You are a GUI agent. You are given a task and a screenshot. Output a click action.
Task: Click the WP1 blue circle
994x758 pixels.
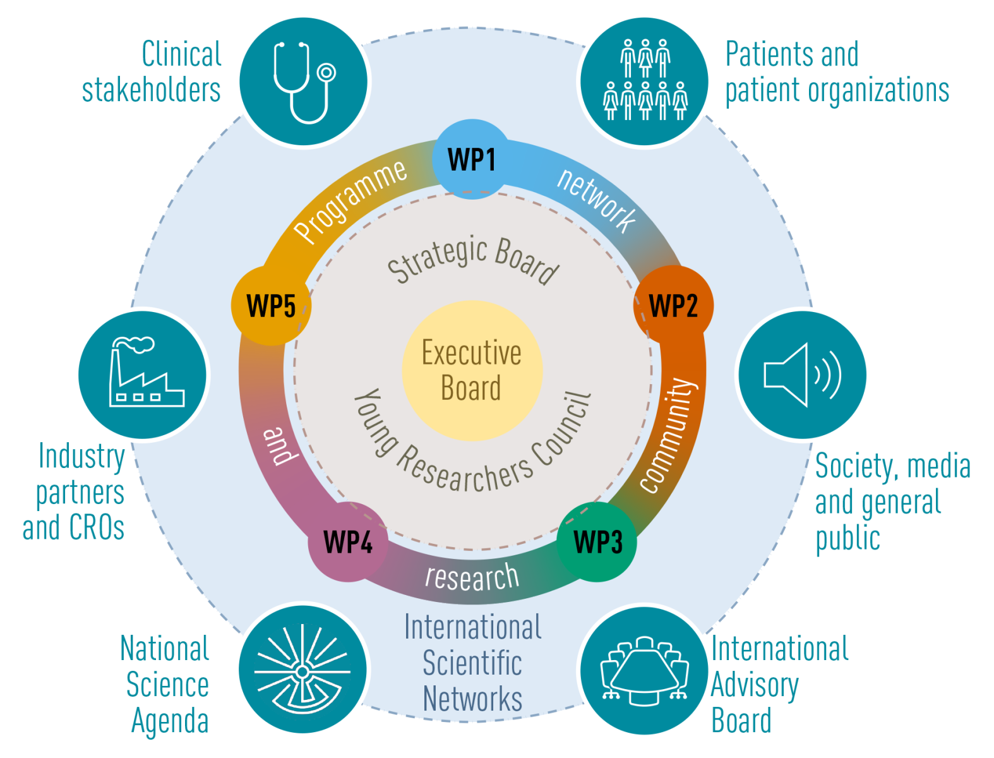[x=471, y=159]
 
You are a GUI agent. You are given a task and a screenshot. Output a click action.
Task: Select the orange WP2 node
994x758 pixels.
[x=673, y=306]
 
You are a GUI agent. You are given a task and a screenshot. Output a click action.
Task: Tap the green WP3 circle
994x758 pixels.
[x=597, y=542]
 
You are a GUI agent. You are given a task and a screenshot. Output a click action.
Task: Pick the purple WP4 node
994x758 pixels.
[x=348, y=542]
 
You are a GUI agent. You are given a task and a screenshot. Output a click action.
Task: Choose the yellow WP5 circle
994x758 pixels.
[x=271, y=306]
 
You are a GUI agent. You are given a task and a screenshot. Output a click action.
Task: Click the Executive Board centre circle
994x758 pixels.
[x=472, y=371]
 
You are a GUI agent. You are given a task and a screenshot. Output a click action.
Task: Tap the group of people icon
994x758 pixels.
[x=645, y=81]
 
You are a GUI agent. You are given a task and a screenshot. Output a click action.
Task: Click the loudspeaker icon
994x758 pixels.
[x=802, y=375]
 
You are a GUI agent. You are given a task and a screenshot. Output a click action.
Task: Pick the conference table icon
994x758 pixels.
[x=644, y=670]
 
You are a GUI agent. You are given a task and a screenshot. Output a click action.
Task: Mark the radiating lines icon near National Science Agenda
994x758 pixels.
[x=302, y=670]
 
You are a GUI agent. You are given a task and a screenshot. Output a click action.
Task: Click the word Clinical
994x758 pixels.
[x=182, y=54]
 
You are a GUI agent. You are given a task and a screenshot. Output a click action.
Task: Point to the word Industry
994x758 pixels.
[x=81, y=456]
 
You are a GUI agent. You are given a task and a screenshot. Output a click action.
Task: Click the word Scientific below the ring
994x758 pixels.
[x=472, y=663]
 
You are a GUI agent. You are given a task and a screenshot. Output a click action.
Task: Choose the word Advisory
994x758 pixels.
[x=755, y=685]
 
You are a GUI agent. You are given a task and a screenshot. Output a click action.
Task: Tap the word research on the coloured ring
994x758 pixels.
[x=472, y=576]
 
